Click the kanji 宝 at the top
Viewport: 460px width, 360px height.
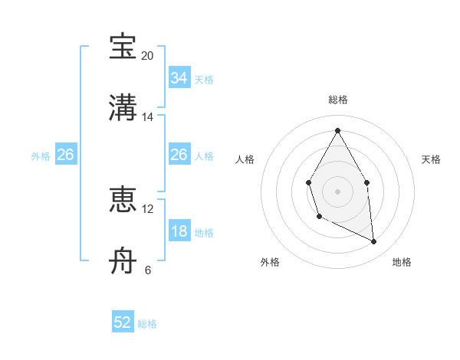123,47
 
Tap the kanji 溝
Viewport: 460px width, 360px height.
123,107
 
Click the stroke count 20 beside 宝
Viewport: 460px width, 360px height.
147,56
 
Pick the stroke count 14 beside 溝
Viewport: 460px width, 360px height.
147,117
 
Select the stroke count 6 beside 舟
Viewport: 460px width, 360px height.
147,270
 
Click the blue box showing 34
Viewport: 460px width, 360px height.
179,78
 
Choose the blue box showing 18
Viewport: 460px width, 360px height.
179,231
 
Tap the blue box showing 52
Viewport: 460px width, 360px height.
123,322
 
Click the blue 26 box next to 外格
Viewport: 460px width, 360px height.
65,155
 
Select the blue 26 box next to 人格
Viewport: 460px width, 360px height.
179,155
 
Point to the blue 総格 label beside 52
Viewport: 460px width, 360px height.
147,324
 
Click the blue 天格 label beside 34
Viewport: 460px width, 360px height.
204,80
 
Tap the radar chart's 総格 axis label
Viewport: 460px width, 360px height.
337,100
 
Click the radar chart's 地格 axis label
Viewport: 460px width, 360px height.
402,262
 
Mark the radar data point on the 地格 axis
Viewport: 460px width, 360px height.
374,242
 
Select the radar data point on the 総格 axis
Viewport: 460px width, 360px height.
337,130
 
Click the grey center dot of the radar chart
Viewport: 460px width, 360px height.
337,190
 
